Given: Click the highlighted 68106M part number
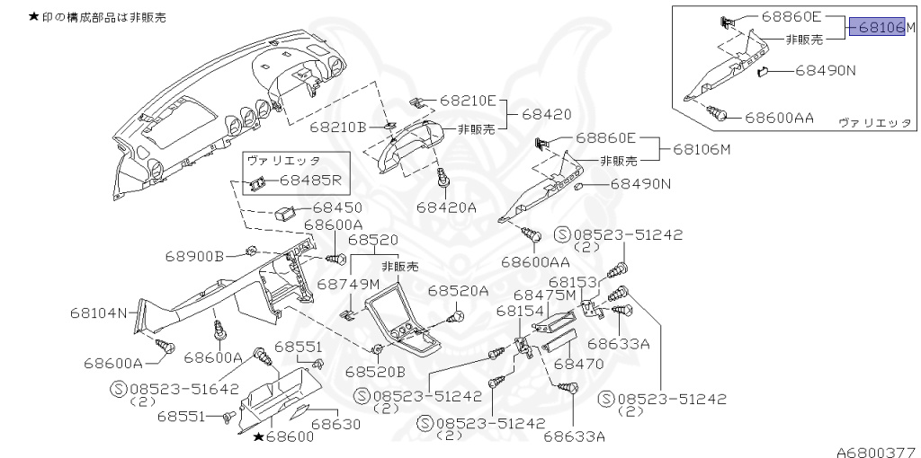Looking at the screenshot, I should pos(881,28).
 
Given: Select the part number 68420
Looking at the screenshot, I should pos(546,114).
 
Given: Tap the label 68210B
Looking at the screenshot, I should pos(337,128).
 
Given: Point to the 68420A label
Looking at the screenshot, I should pos(446,207).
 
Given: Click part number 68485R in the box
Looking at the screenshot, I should pos(311,180).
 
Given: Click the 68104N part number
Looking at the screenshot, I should pos(100,313).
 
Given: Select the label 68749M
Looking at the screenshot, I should pos(349,284).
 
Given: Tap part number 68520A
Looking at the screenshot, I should pos(458,291).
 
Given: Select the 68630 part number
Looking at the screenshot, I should pos(335,423).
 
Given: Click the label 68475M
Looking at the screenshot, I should pos(544,294).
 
